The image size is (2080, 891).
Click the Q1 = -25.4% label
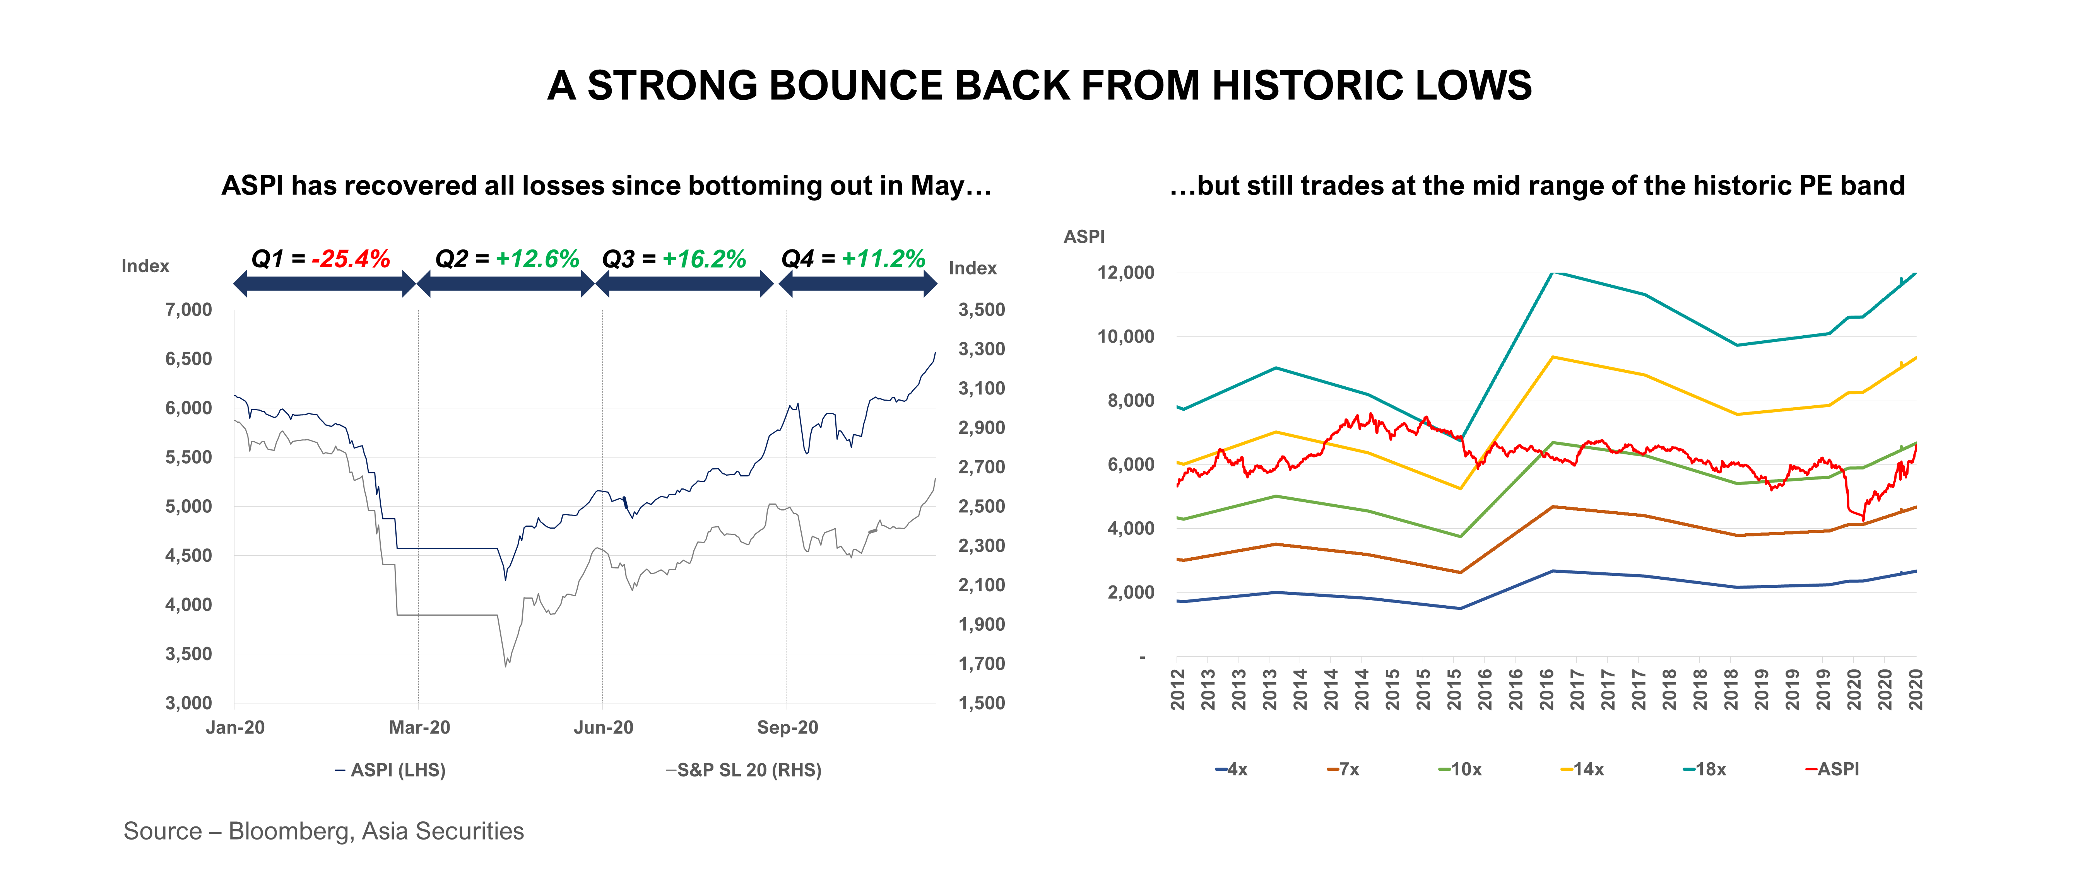click(x=321, y=259)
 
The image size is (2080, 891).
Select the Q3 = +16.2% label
click(x=674, y=259)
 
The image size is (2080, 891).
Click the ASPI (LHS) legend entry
click(x=391, y=770)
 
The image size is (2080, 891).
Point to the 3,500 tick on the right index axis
click(x=981, y=310)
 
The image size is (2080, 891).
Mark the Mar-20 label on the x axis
click(x=419, y=727)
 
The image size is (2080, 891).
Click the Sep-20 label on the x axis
click(x=787, y=727)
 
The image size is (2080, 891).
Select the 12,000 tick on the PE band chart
click(x=1126, y=273)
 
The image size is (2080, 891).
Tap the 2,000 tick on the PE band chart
click(x=1131, y=592)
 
